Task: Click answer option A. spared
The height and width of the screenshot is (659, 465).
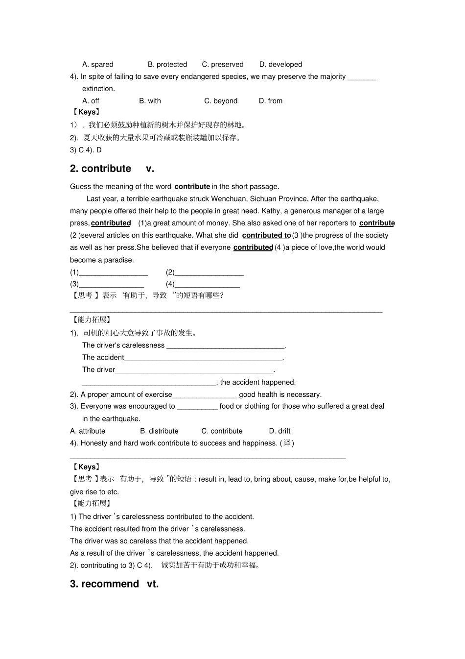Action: click(98, 64)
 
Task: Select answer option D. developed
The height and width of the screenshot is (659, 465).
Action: click(280, 64)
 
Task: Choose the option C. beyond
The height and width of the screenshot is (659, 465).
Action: click(221, 101)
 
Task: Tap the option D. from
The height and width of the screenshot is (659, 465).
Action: click(271, 101)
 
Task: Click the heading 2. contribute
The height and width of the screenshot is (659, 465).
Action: click(101, 169)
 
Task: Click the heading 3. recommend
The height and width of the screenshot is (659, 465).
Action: click(105, 584)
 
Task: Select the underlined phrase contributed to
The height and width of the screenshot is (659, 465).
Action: click(266, 236)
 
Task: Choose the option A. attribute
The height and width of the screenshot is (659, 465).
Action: click(88, 431)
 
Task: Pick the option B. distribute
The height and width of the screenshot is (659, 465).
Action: click(159, 431)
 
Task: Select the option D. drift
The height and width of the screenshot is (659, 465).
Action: click(279, 431)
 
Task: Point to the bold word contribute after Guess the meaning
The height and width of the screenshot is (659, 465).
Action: click(192, 187)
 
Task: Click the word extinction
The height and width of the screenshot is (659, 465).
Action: click(98, 89)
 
